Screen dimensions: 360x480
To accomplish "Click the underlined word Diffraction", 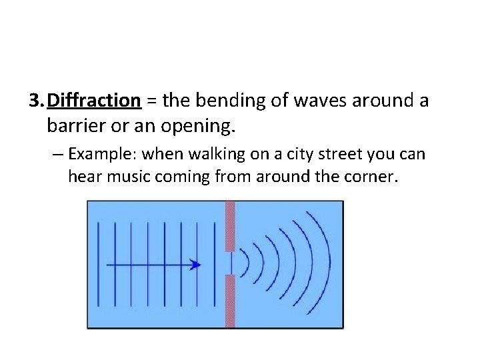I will tap(94, 101).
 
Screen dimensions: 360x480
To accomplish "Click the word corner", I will tap(370, 177).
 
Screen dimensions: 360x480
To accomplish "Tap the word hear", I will tap(82, 177).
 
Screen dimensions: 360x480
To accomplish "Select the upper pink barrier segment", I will tap(230, 226).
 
